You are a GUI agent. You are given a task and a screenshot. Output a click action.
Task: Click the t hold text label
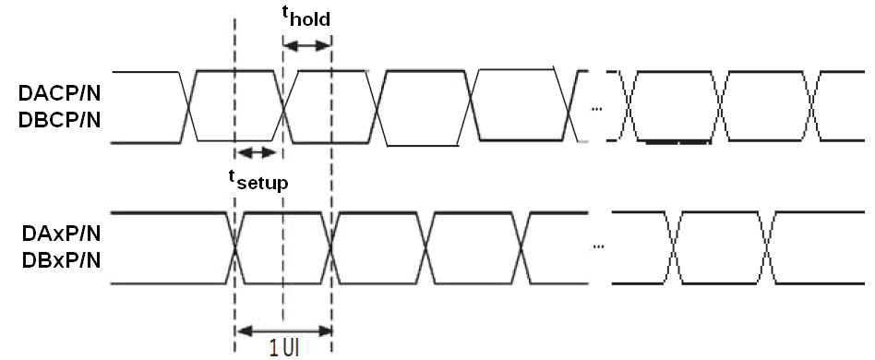click(x=305, y=18)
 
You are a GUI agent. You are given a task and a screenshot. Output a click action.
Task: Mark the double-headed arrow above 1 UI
click(x=283, y=329)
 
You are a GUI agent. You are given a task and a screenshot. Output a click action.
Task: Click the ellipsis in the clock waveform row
click(x=595, y=109)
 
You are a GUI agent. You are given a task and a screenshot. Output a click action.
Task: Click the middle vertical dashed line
click(x=282, y=185)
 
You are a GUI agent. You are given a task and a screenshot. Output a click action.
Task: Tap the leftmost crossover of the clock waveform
click(x=190, y=106)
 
